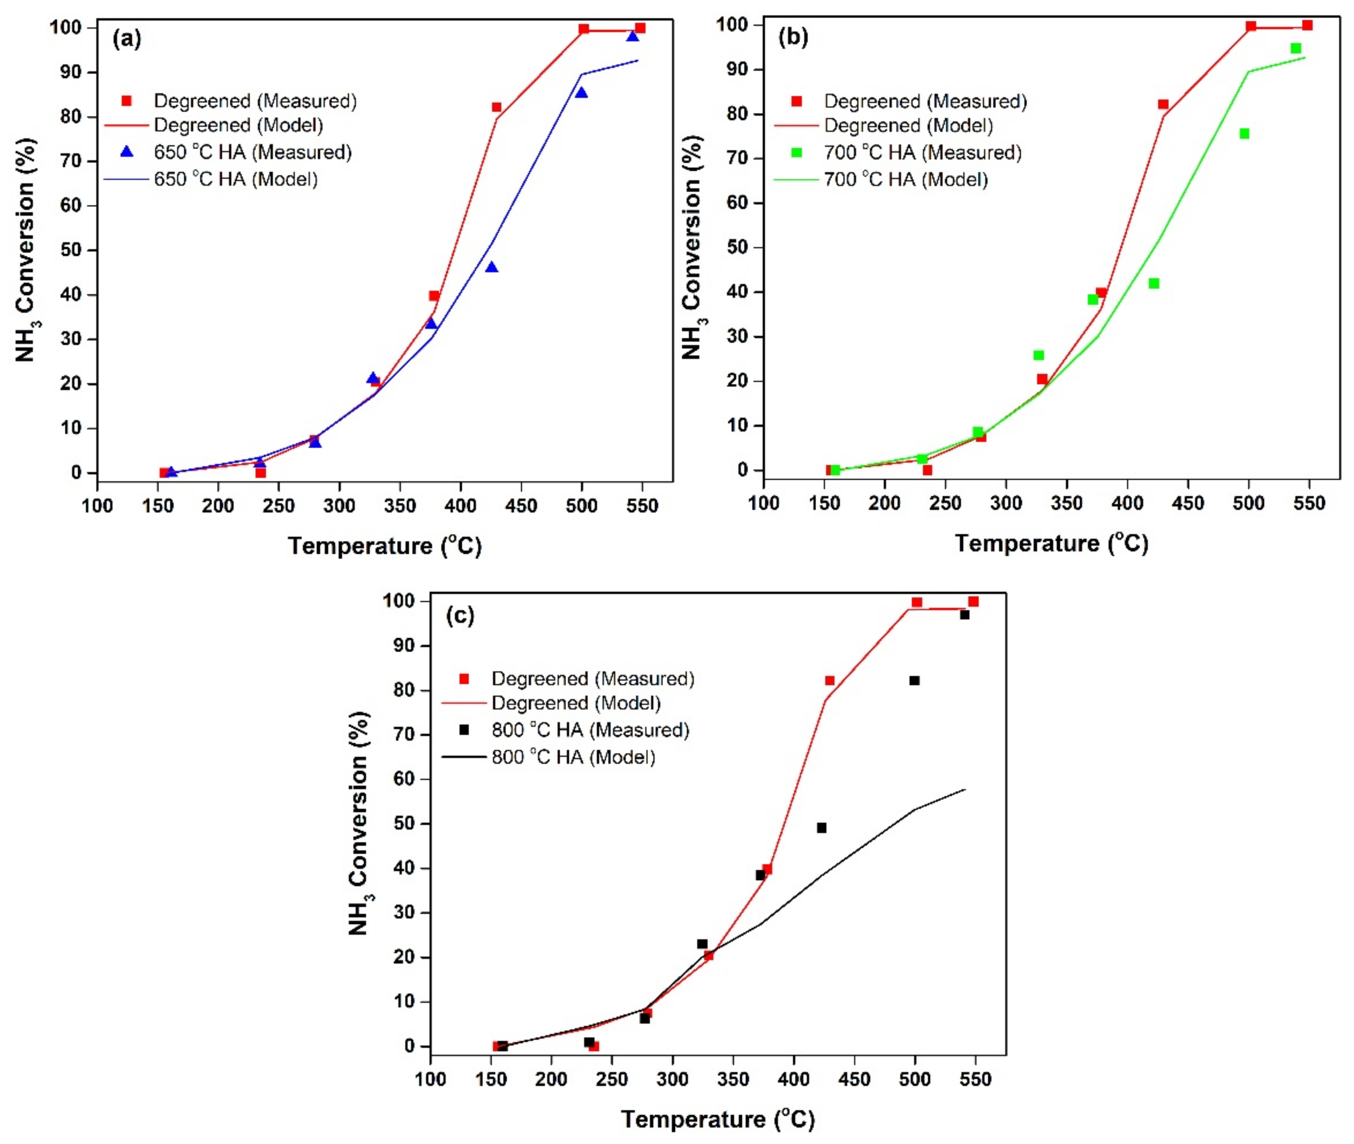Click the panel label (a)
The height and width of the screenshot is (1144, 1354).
pos(127,39)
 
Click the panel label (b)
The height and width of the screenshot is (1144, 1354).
pos(793,37)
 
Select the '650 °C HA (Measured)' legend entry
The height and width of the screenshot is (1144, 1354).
pos(252,152)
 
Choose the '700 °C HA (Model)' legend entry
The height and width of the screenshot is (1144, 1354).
pos(905,179)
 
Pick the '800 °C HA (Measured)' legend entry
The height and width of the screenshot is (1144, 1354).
pos(589,730)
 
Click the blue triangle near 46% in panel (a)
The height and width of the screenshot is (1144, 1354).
pos(492,267)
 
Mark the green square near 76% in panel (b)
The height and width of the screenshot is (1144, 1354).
pos(1244,134)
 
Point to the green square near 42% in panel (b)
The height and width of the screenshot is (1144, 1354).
pos(1153,284)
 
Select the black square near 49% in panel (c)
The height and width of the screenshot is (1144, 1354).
pos(821,828)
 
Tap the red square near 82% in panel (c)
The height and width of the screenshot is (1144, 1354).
pos(829,680)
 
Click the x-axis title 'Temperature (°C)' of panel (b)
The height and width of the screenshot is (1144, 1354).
pos(1051,543)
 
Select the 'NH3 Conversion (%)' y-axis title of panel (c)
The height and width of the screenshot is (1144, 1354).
pos(359,823)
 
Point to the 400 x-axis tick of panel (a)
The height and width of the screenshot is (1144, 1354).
pos(460,506)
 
